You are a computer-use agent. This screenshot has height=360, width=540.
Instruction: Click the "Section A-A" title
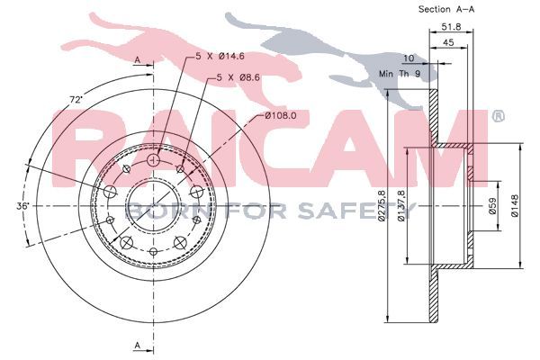pos(446,10)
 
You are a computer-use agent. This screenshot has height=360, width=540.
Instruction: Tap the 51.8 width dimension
pos(452,26)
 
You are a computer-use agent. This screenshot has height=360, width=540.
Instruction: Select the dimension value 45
pos(448,42)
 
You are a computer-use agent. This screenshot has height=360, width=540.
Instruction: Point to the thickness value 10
pos(409,58)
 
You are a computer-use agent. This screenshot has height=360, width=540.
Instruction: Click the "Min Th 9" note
pos(400,74)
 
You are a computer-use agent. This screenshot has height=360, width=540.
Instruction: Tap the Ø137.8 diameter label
pos(400,206)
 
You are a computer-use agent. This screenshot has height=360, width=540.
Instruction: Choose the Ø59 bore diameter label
pos(493,206)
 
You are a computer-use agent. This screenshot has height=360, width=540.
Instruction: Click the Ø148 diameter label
pos(515,206)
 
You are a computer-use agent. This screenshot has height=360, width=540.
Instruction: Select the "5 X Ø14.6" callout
pos(220,56)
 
